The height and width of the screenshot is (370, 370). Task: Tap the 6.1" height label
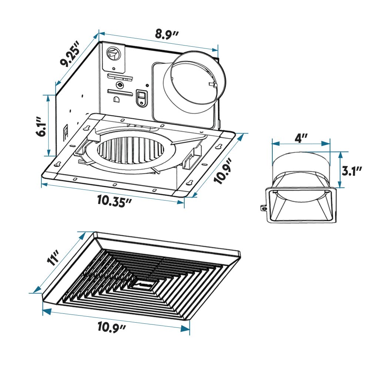[42, 126]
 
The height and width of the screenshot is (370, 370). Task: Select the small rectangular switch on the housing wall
[141, 98]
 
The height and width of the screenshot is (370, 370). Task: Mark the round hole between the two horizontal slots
[120, 85]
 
